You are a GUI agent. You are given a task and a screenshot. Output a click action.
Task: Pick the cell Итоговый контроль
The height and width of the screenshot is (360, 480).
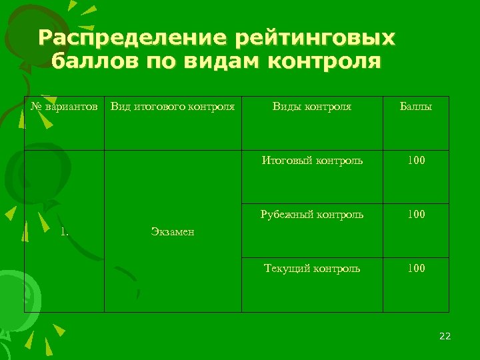312,161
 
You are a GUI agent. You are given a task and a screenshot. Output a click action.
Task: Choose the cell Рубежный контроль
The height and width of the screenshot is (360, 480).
312,215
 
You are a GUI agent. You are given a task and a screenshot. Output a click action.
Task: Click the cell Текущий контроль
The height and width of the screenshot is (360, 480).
312,269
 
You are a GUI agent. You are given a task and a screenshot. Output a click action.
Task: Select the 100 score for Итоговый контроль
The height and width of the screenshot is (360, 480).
416,161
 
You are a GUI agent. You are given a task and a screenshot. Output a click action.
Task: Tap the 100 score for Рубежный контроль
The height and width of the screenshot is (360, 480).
416,215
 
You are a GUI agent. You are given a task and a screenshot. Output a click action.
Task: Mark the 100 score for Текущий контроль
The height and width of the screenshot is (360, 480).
416,269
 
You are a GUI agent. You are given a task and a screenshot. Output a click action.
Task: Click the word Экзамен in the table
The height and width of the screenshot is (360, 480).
172,232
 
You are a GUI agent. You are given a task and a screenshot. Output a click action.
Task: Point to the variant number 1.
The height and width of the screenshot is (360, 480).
65,232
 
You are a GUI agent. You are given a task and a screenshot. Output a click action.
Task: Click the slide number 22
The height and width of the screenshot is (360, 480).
445,336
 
